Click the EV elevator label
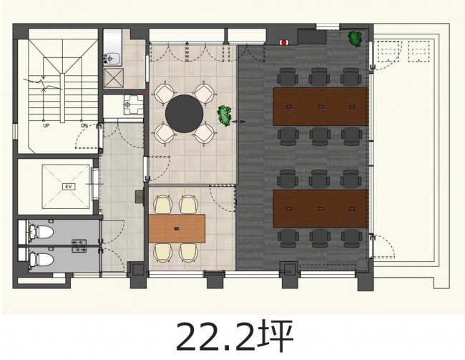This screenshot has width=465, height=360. click(x=69, y=187)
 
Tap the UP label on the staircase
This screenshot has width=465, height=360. click(x=46, y=125)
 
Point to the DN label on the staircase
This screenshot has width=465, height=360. click(x=84, y=125)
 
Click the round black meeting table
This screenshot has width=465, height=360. click(x=184, y=114)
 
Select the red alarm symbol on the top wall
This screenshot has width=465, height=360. click(x=284, y=43)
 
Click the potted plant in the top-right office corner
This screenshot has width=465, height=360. click(x=356, y=39)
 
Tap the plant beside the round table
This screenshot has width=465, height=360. click(x=225, y=116)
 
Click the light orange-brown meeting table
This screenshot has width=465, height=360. click(x=177, y=228)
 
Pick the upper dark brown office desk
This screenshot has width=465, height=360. click(x=320, y=107)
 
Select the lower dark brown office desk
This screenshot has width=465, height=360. click(x=320, y=209)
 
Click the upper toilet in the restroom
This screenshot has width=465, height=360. click(x=41, y=232)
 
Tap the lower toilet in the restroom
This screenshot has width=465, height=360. click(x=41, y=260)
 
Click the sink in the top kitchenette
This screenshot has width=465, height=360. click(x=112, y=59)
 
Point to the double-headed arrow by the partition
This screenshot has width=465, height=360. click(x=239, y=122)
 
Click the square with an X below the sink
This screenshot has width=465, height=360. click(x=113, y=78)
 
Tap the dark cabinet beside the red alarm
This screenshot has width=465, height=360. click(x=312, y=37)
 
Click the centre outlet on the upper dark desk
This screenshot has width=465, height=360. click(x=320, y=106)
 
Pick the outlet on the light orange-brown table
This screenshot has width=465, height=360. click(x=177, y=228)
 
